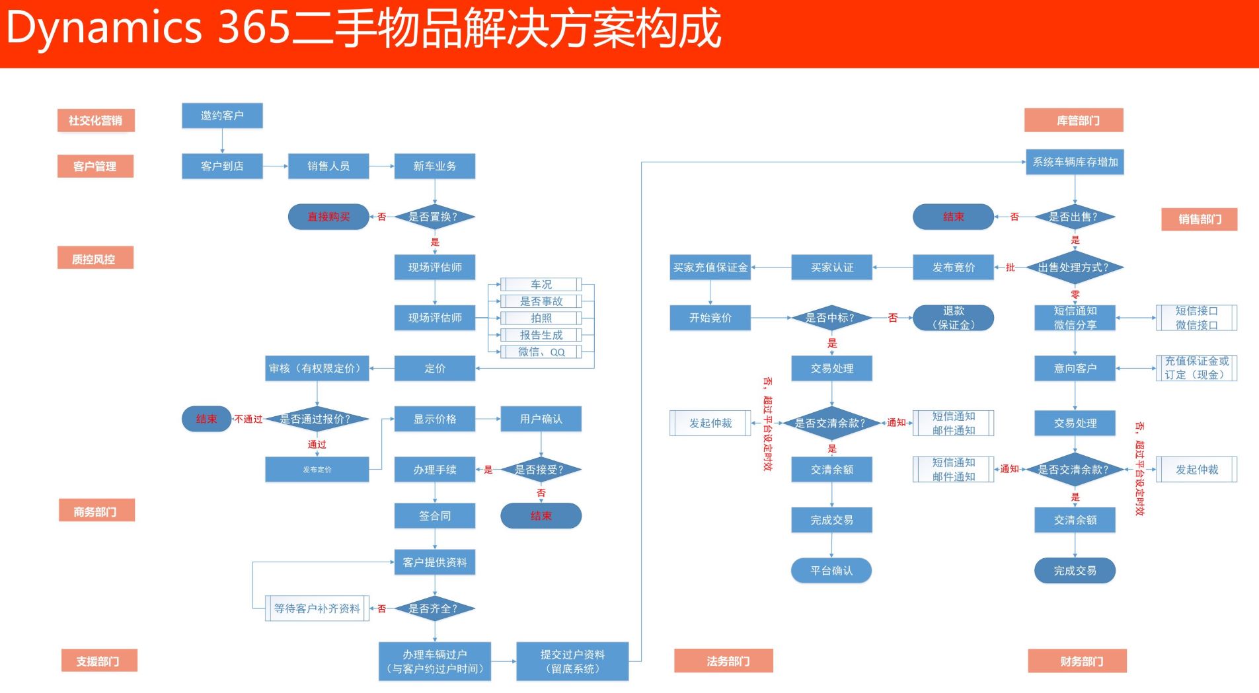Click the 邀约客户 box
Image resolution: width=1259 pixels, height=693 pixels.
[222, 116]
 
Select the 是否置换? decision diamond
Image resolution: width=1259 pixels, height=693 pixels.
[434, 217]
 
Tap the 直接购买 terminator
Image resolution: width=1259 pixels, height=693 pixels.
[328, 217]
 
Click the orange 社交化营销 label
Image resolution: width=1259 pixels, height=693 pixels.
[96, 121]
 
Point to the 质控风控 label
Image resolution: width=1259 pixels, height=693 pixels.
[95, 258]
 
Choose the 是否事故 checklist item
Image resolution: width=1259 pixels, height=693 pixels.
[541, 301]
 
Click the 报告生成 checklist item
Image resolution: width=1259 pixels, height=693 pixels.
[541, 335]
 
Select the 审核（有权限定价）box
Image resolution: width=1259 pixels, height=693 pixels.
[317, 369]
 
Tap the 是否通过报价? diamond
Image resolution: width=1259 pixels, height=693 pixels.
[316, 419]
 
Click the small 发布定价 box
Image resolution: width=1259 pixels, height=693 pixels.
[317, 470]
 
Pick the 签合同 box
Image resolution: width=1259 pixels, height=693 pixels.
[434, 516]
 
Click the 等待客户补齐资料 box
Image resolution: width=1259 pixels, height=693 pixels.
[317, 608]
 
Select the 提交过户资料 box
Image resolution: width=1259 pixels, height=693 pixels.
[572, 661]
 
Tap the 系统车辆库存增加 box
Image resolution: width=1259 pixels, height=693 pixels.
[1075, 162]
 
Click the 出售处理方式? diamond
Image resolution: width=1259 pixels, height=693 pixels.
[1075, 268]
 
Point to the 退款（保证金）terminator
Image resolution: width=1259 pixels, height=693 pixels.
[953, 318]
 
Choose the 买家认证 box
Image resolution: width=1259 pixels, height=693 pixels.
[831, 268]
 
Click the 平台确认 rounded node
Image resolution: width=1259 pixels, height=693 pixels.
[831, 571]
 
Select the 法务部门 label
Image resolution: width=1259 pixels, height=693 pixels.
[724, 661]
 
